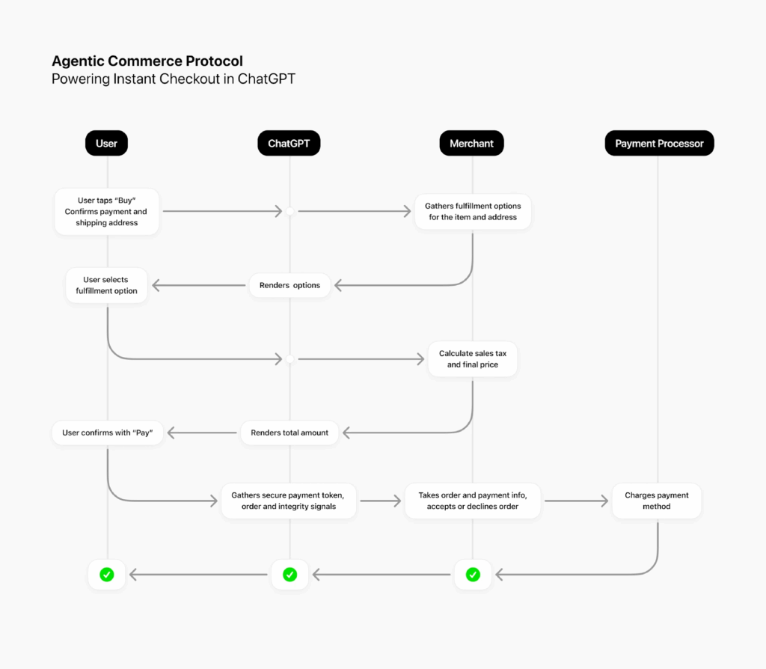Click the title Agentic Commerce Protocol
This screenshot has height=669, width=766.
pyautogui.click(x=147, y=61)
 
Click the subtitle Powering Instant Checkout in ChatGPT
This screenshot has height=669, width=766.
pyautogui.click(x=174, y=79)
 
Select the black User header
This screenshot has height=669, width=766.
pyautogui.click(x=106, y=143)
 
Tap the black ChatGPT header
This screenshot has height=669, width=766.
pyautogui.click(x=289, y=143)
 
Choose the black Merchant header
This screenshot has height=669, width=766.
pyautogui.click(x=471, y=143)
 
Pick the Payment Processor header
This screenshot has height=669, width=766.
pyautogui.click(x=659, y=143)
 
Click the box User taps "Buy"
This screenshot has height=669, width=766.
pyautogui.click(x=106, y=212)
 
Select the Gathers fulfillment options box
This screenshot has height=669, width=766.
pyautogui.click(x=473, y=212)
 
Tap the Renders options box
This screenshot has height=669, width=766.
pyautogui.click(x=289, y=285)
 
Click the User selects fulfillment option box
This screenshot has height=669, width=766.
pyautogui.click(x=106, y=285)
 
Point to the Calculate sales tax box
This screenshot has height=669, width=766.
pyautogui.click(x=473, y=359)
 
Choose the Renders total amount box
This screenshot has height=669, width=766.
pyautogui.click(x=289, y=433)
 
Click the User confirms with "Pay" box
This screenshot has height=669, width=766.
pyautogui.click(x=107, y=433)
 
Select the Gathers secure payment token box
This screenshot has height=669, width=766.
pyautogui.click(x=288, y=501)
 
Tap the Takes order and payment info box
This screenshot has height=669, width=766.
pyautogui.click(x=473, y=501)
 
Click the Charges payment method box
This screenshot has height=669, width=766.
pyautogui.click(x=657, y=501)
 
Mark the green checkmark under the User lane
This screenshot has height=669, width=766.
pyautogui.click(x=107, y=575)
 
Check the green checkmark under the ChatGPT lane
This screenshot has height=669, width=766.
pyautogui.click(x=289, y=575)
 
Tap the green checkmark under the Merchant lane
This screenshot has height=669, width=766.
pyautogui.click(x=473, y=575)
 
